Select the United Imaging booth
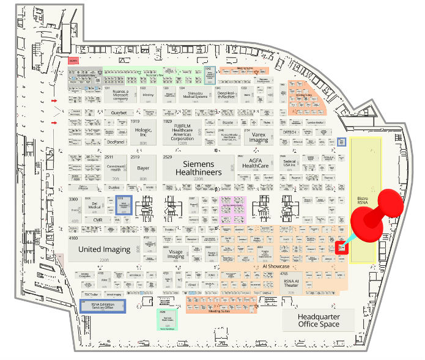click(105, 249)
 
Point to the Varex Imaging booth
click(260, 137)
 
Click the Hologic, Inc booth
click(143, 131)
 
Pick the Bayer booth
click(143, 167)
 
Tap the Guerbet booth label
click(118, 113)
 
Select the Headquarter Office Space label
click(318, 320)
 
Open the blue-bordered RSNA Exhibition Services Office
click(103, 306)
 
